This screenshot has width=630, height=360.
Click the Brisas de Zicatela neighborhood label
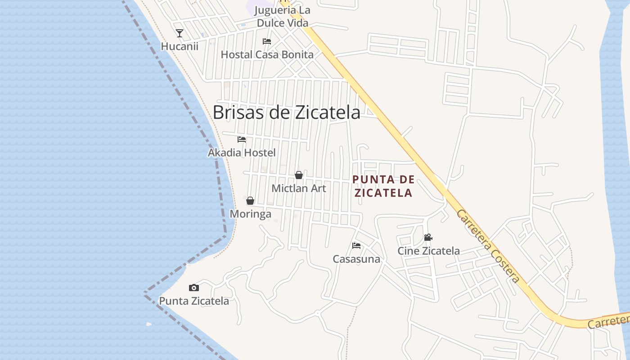286,112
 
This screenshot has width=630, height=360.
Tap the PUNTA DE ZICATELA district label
383,186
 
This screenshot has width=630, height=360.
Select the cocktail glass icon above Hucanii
180,33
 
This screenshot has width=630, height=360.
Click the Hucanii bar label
180,46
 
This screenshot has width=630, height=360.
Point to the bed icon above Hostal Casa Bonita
267,41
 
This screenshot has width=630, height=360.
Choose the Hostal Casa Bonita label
267,55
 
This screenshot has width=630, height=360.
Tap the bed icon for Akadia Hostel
242,139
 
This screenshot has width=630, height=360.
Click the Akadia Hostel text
242,153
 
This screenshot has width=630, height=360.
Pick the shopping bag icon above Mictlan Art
299,175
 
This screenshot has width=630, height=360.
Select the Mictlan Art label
299,188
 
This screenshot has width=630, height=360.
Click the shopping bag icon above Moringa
250,201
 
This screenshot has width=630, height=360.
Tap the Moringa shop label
250,214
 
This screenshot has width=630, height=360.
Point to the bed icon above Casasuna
356,246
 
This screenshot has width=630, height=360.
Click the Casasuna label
356,259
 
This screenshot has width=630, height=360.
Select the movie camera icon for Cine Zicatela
428,237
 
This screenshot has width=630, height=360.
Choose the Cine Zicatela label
428,251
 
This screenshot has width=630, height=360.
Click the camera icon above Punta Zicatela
194,288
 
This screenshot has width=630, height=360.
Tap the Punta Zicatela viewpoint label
194,301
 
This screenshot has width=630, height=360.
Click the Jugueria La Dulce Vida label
283,16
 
